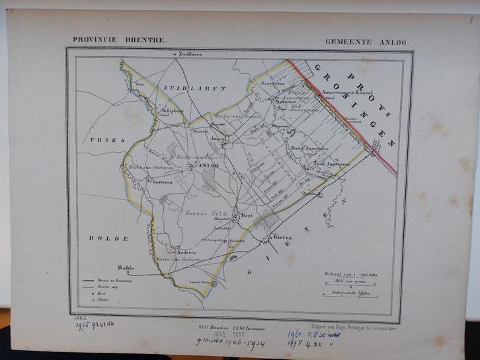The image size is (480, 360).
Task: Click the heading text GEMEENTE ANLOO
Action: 367,41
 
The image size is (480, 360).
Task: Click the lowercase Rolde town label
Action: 125,267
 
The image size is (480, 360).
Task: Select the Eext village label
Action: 247,215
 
